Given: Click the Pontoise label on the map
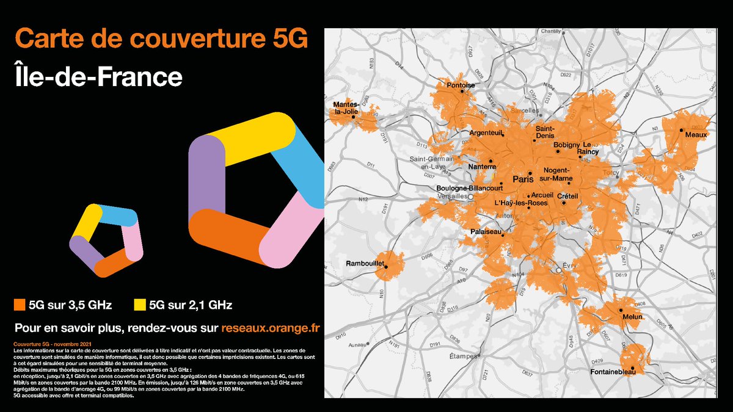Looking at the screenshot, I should (461, 85).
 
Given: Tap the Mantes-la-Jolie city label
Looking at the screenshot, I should (345, 108).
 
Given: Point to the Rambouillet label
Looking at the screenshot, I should (365, 264).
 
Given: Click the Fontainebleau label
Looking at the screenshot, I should (611, 371).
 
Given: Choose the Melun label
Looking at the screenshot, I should (632, 317).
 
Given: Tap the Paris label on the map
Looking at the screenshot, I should (523, 180).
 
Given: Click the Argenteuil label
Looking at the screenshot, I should (486, 132).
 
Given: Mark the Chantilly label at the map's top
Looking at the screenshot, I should (550, 32).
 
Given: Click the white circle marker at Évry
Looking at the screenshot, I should (558, 269).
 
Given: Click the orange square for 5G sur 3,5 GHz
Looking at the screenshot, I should (20, 304).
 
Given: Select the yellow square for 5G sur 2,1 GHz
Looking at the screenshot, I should (140, 304).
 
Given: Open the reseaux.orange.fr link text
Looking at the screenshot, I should (271, 328).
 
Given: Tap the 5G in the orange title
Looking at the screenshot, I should (285, 39).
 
